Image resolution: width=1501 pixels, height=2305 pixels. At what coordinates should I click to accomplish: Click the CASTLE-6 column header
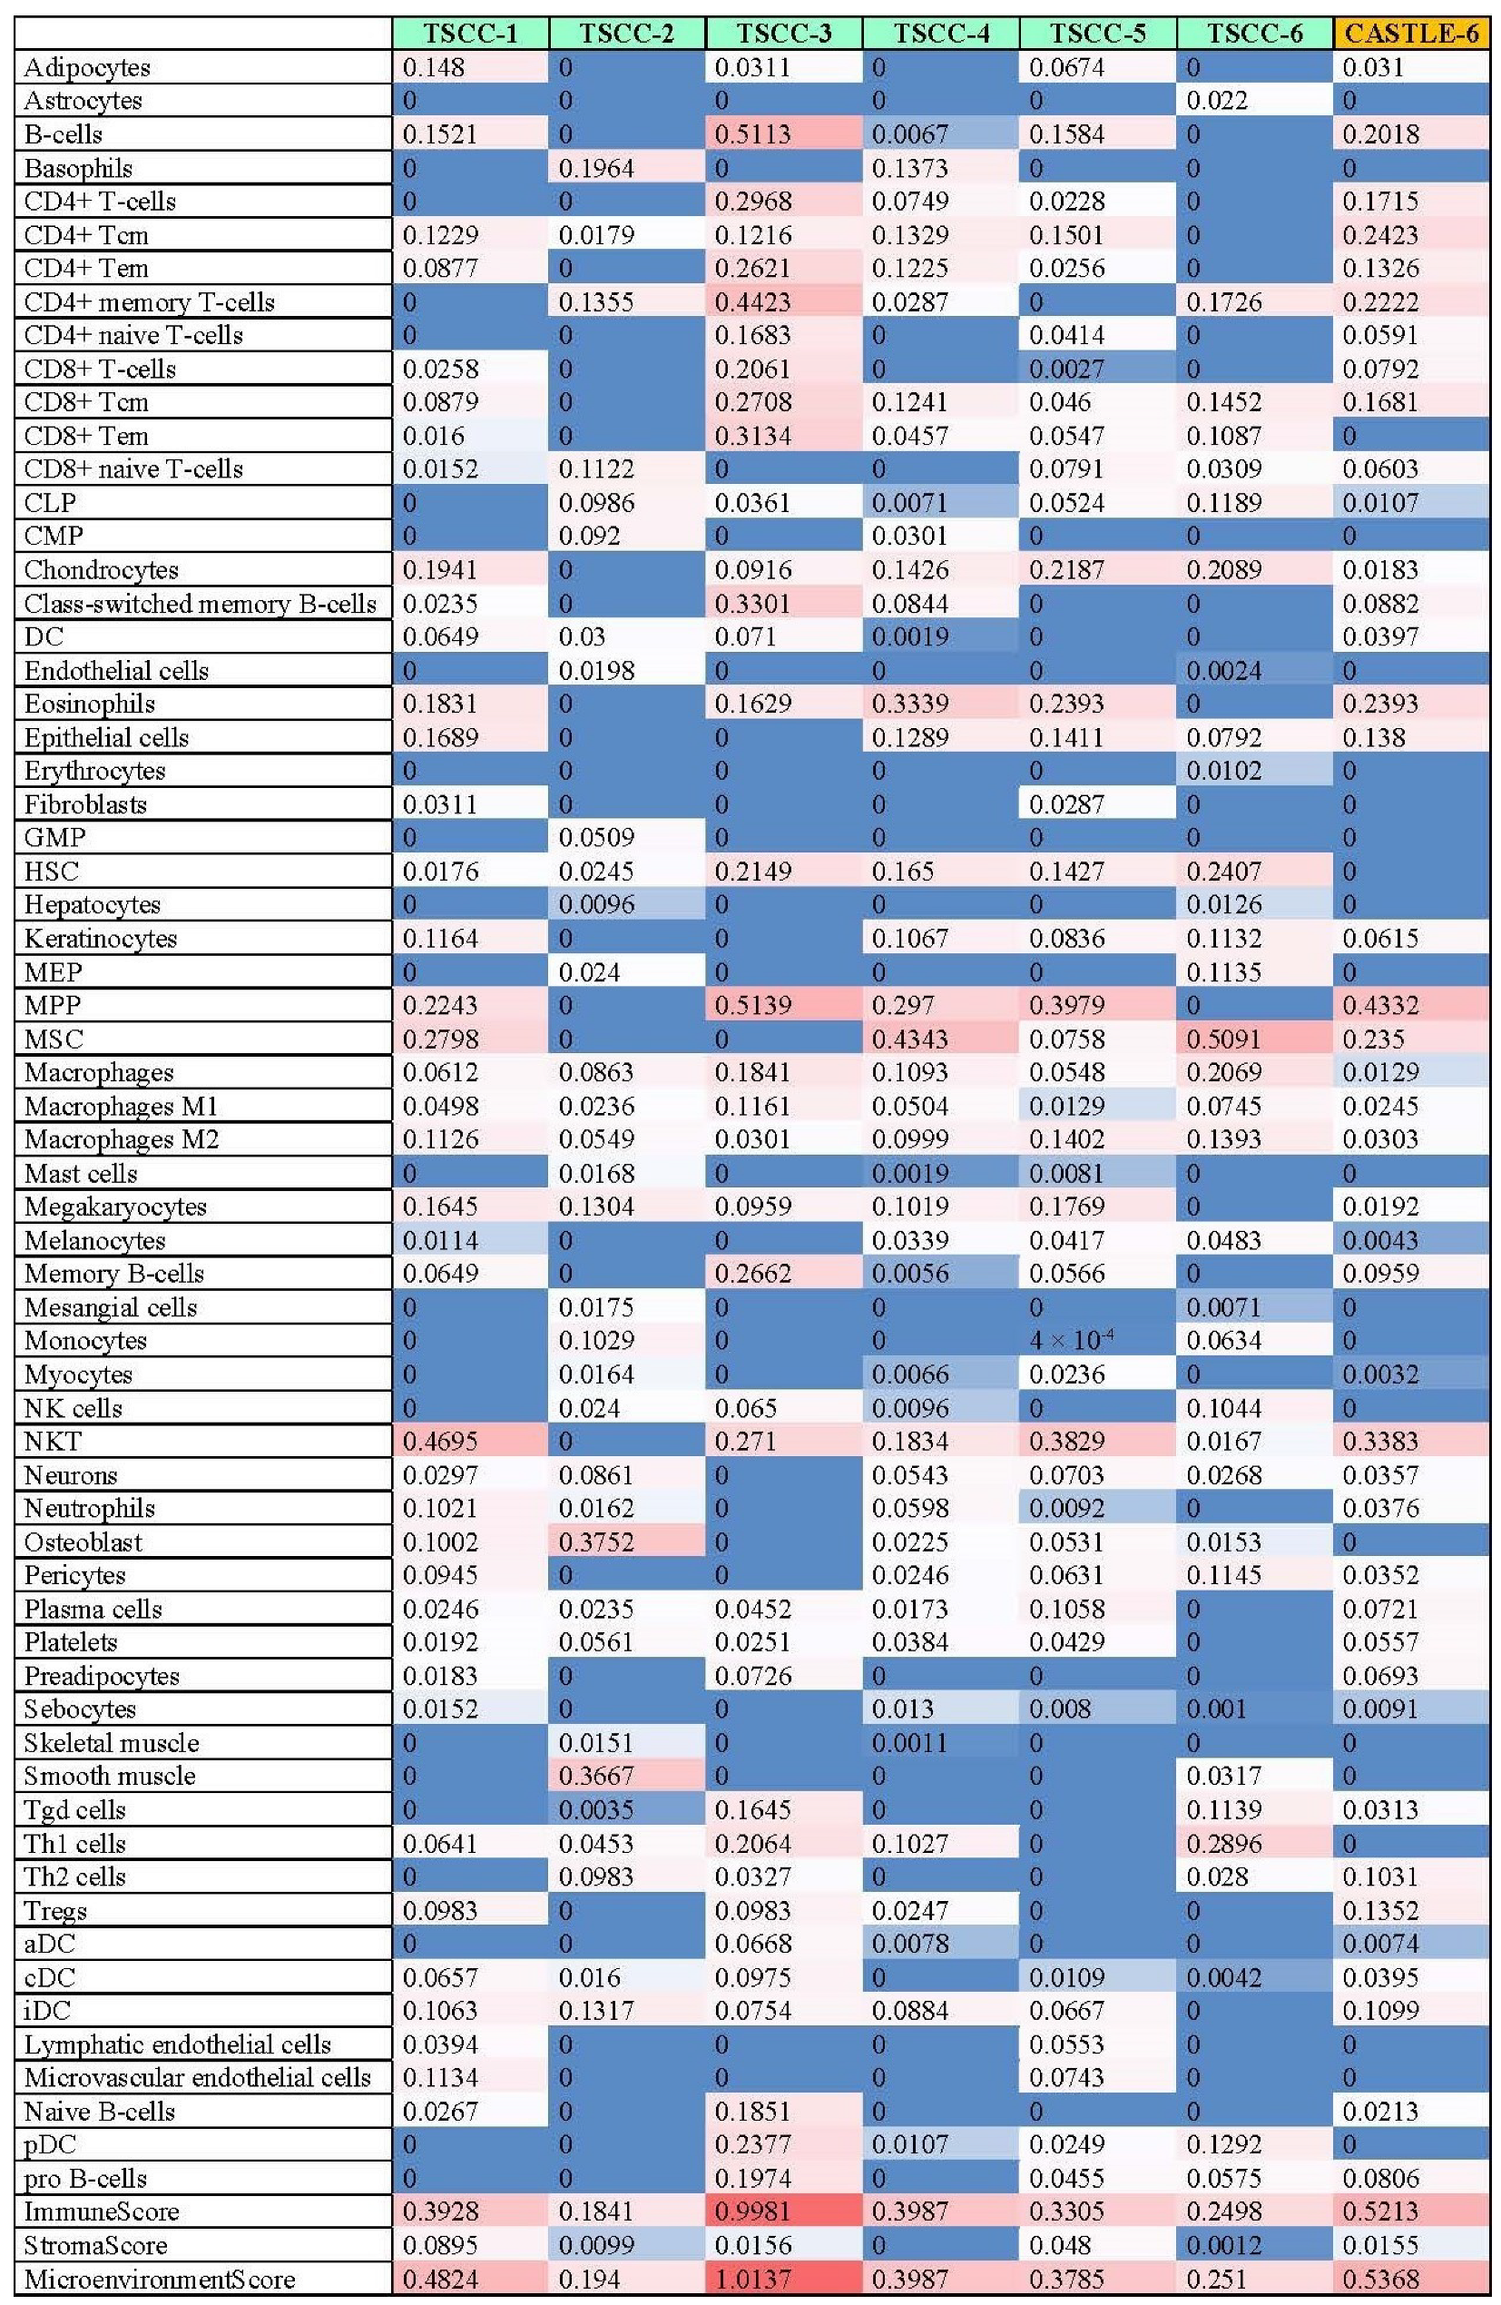1411,34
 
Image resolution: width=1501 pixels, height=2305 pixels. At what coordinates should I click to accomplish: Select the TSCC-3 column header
783,34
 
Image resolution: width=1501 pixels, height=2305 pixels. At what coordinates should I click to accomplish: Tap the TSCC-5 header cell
1097,34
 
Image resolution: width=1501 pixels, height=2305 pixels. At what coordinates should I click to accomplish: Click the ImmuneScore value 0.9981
752,2211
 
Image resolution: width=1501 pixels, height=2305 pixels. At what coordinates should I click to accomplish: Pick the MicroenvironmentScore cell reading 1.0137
752,2278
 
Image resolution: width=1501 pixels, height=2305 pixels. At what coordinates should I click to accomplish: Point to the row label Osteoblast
83,1542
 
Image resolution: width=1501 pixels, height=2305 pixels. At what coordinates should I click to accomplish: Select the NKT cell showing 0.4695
439,1441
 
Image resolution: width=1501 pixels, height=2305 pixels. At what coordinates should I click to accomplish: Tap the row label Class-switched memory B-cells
200,604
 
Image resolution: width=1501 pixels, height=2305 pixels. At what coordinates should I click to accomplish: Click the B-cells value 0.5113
752,133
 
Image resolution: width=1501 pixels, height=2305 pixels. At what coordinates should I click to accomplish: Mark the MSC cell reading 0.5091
1224,1039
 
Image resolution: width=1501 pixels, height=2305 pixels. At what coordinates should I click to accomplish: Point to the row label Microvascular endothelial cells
198,2077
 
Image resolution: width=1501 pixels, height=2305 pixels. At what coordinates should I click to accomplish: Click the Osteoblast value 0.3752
596,1542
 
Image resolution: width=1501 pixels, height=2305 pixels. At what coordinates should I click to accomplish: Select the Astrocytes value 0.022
1217,101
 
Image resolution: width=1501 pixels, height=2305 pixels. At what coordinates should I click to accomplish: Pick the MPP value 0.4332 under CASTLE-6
1381,1005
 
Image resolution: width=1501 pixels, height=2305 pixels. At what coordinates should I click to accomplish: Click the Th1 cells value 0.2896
1224,1843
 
